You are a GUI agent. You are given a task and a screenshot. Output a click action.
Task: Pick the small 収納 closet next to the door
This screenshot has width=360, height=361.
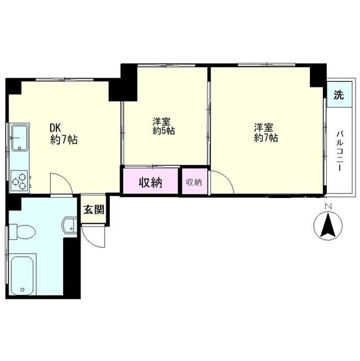click(x=194, y=182)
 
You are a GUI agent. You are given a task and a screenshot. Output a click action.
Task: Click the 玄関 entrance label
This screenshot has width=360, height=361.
click(x=94, y=210)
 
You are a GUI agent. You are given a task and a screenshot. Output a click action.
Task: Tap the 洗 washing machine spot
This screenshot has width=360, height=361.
click(x=337, y=95)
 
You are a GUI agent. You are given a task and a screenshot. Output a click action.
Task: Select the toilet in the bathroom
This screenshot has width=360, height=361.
click(x=23, y=231)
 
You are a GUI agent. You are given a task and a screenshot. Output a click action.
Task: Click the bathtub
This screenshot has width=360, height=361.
click(x=23, y=275)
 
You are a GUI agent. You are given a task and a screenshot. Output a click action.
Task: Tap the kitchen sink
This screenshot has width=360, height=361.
click(x=20, y=138)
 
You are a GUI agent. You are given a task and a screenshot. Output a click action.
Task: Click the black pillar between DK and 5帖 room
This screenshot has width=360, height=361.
click(x=123, y=82)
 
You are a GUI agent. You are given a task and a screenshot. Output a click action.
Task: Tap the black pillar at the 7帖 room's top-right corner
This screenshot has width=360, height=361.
click(x=318, y=73)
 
